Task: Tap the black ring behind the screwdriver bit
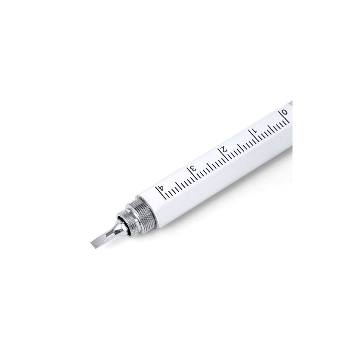pos(126,225)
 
